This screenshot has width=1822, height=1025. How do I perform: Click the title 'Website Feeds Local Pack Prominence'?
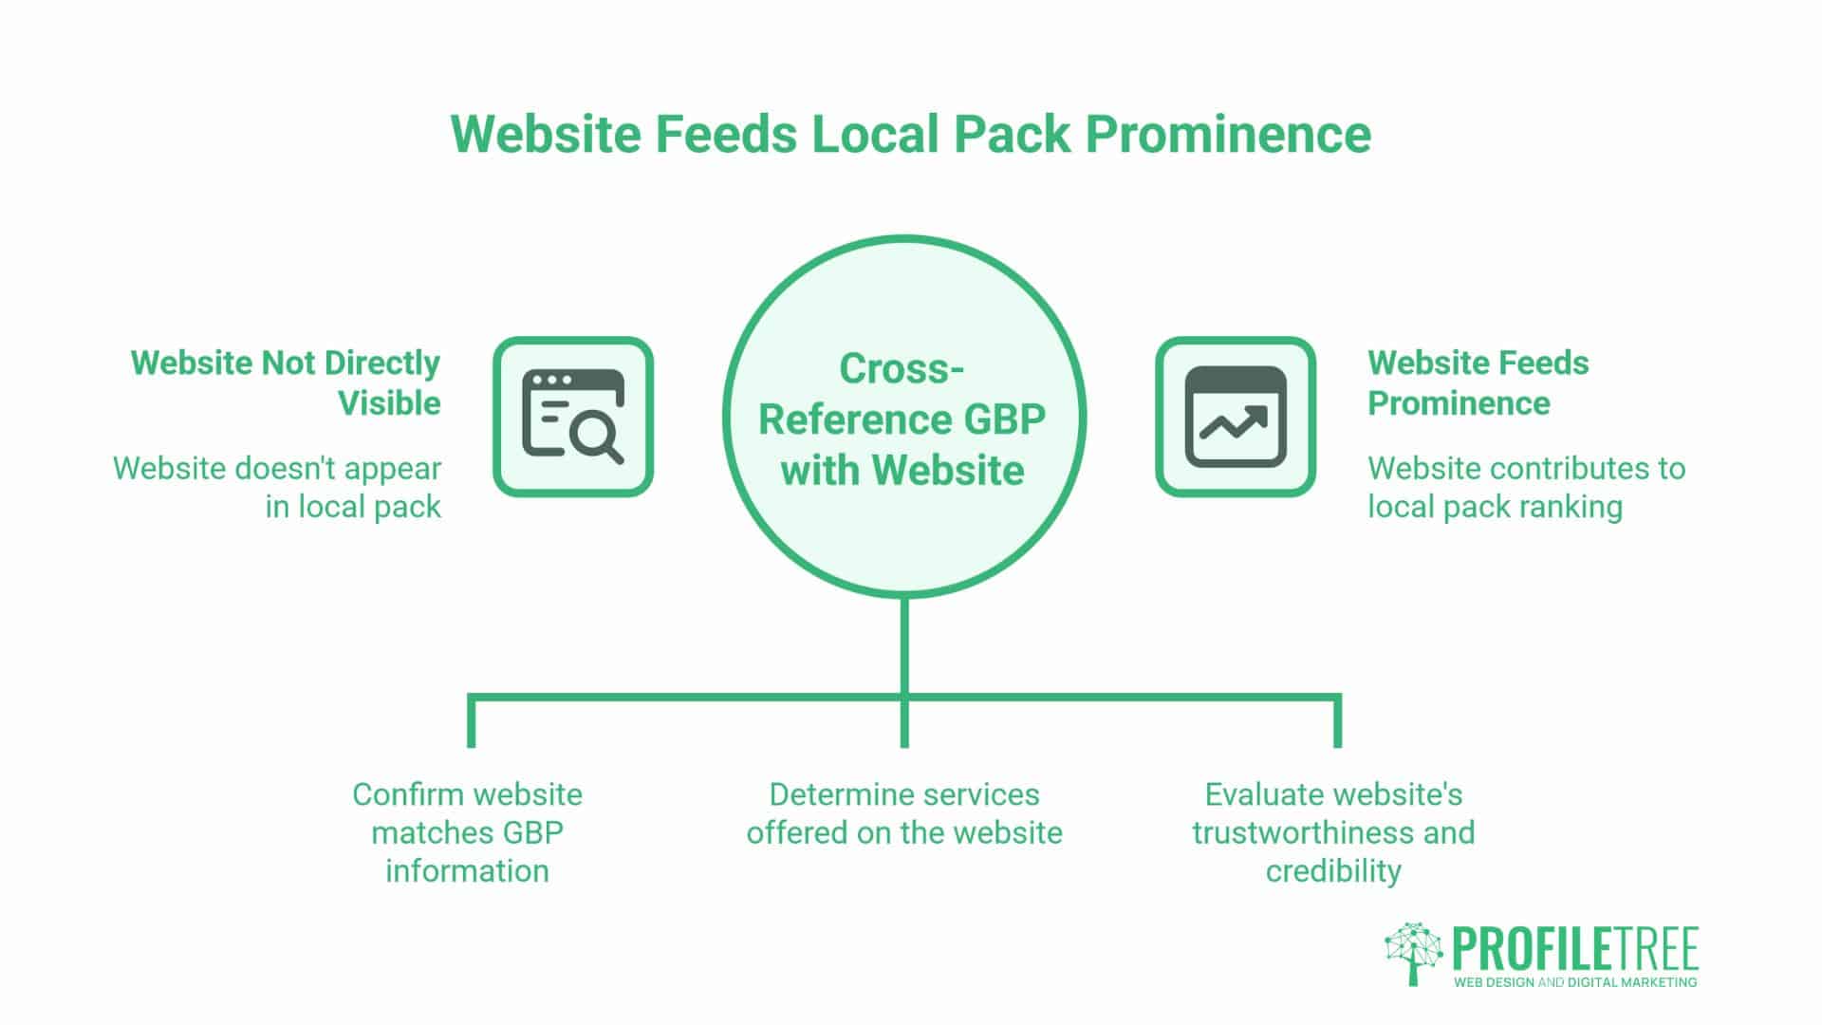pos(911,134)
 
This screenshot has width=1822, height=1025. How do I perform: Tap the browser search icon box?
pos(573,417)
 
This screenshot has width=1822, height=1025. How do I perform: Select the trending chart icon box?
pos(1236,417)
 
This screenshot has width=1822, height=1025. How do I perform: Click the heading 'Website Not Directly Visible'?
pos(286,382)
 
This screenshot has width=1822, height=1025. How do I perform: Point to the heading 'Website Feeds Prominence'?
pos(1478,382)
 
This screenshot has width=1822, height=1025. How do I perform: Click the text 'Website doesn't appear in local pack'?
pos(277,487)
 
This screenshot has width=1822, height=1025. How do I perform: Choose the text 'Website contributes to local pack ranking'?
pos(1526,487)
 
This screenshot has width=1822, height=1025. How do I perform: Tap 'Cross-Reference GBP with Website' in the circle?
pos(902,419)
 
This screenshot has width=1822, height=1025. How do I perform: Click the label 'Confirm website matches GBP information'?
pos(467,832)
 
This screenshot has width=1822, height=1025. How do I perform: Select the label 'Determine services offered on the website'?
pos(904,813)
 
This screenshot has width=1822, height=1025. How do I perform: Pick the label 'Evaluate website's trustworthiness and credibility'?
pos(1333,832)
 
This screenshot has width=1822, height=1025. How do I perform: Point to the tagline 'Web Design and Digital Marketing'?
pos(1575,982)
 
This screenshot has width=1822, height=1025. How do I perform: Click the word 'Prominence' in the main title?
pos(1228,134)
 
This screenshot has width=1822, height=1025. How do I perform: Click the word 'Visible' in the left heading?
pos(389,403)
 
